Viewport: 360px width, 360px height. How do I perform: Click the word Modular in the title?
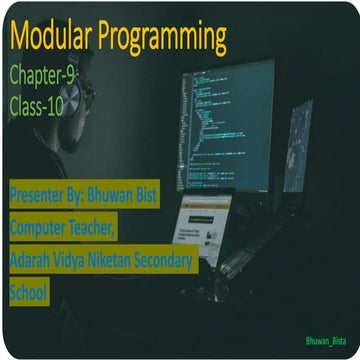point(50,40)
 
